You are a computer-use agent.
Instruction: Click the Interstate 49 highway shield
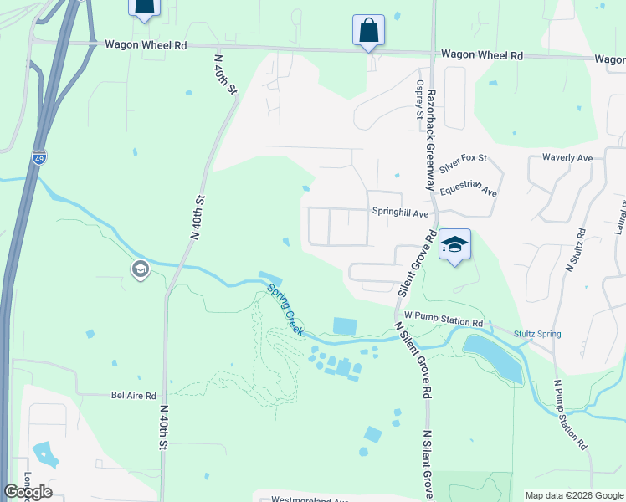[38, 156]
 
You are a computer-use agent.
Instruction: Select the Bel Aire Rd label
[134, 395]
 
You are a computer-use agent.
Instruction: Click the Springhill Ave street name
[400, 213]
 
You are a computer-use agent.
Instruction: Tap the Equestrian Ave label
[468, 188]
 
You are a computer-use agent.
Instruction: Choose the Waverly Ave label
[567, 157]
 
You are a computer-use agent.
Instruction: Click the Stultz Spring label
[538, 334]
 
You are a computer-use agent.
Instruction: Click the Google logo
[28, 492]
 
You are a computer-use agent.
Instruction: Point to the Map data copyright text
[574, 495]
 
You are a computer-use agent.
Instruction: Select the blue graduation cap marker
[454, 244]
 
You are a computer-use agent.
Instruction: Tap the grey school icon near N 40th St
[139, 269]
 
